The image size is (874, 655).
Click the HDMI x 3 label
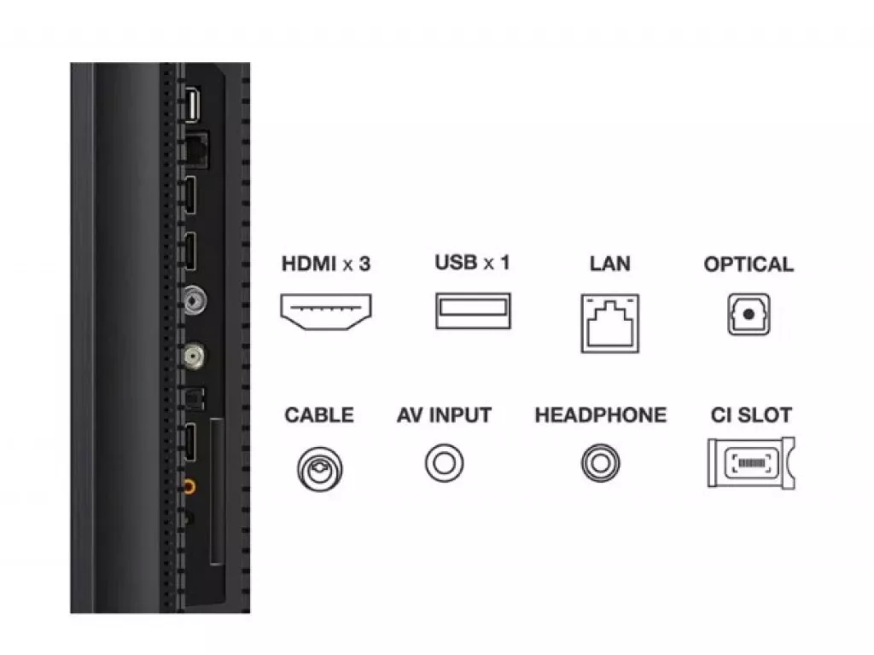[326, 264]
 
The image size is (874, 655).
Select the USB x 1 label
[472, 263]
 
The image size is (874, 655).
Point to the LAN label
[609, 264]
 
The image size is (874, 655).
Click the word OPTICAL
[749, 264]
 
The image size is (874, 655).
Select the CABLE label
[319, 415]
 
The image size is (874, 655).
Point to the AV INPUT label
[444, 415]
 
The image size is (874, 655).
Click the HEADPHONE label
[600, 415]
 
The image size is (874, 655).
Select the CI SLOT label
[751, 415]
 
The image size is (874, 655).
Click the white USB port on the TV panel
[192, 105]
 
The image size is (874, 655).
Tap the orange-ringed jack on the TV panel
[189, 487]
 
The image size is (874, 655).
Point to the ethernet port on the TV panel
[195, 149]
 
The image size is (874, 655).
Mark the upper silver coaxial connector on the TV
[195, 301]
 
